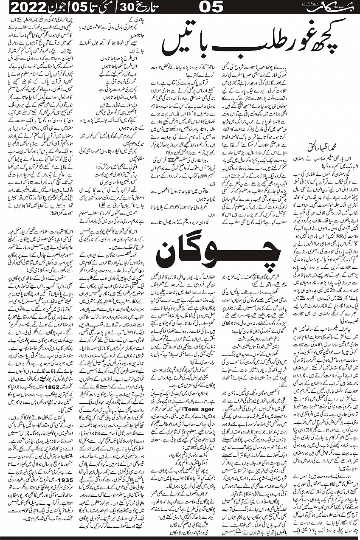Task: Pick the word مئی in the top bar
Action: pos(104,7)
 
